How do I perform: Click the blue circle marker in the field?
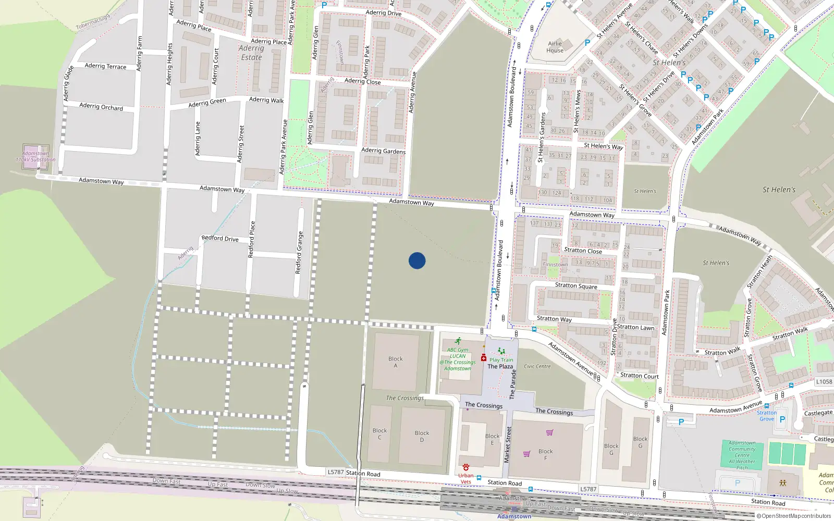417,260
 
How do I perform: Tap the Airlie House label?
555,47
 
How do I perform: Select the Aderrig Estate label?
251,53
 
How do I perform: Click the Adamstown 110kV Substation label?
35,156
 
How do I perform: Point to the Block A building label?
395,362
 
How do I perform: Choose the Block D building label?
422,436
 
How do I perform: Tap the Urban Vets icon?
465,467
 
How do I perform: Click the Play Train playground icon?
501,352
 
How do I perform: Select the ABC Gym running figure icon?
458,341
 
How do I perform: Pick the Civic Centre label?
537,366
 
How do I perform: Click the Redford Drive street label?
220,238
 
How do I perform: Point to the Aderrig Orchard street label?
101,106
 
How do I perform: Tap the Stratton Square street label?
576,286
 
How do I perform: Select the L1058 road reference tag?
824,381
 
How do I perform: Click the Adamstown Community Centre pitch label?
742,455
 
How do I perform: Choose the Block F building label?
545,454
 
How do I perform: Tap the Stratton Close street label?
583,251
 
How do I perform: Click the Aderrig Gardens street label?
383,151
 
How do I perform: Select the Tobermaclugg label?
93,22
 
